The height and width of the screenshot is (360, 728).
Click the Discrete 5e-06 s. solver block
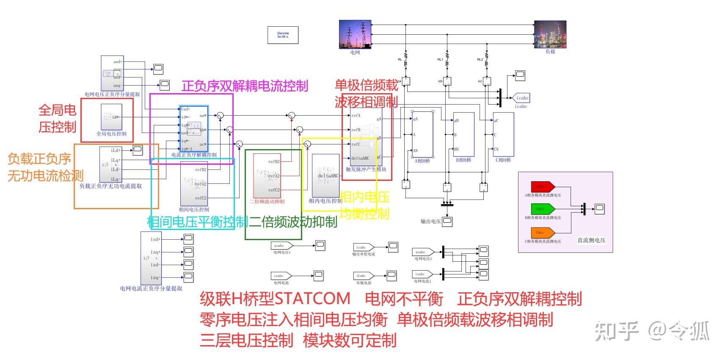(x=283, y=35)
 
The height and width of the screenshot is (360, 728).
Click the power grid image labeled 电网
(x=355, y=34)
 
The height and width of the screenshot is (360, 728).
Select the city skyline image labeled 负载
(x=550, y=34)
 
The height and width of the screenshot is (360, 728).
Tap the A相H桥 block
(x=422, y=135)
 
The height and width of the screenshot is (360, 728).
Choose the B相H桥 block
(x=463, y=135)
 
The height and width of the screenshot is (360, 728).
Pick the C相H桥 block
(x=503, y=135)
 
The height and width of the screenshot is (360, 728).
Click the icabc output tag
(x=521, y=98)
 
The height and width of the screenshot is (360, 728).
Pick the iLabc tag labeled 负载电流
(x=363, y=276)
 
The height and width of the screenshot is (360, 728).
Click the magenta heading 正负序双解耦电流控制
(x=245, y=86)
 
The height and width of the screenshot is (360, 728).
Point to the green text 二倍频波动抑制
(x=293, y=222)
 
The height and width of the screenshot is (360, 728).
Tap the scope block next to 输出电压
(x=447, y=221)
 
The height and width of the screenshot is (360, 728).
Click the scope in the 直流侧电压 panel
(x=599, y=208)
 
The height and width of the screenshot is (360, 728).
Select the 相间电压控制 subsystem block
(x=194, y=184)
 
